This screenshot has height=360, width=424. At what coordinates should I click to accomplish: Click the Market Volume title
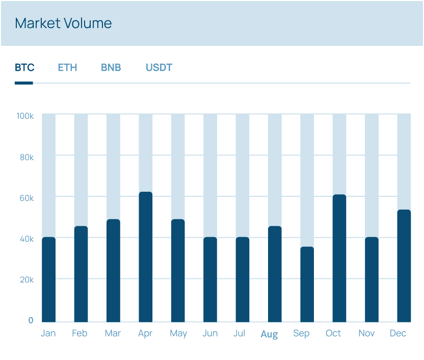click(x=63, y=23)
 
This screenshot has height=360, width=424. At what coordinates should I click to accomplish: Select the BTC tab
click(x=24, y=68)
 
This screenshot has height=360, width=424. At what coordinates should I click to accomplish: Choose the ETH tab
click(x=67, y=68)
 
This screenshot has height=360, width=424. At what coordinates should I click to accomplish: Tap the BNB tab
click(x=111, y=68)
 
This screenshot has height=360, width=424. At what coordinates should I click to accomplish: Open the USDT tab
click(x=159, y=68)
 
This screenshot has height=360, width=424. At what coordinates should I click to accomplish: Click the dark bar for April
click(x=146, y=257)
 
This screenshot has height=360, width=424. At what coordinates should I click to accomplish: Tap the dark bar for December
click(x=404, y=266)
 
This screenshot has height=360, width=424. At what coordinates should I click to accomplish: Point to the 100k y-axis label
click(x=25, y=116)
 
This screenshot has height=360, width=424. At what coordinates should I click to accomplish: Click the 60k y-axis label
click(x=27, y=198)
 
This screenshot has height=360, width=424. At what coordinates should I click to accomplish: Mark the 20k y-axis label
click(x=27, y=280)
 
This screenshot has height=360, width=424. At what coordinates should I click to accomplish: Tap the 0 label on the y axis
click(x=31, y=321)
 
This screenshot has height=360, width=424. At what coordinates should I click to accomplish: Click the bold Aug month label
click(x=269, y=335)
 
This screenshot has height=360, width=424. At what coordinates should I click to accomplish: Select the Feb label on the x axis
click(x=79, y=333)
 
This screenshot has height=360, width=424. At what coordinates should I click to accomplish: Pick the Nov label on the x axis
click(x=366, y=333)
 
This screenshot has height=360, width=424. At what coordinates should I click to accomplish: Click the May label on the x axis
click(x=178, y=333)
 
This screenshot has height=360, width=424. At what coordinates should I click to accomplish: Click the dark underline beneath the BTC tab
click(x=24, y=83)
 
